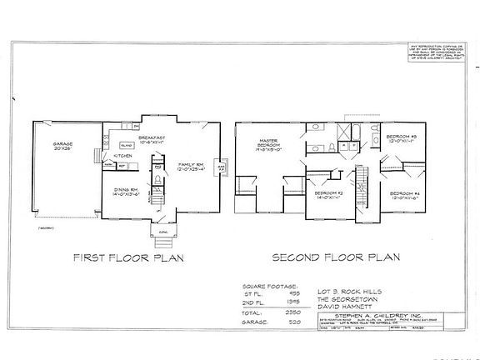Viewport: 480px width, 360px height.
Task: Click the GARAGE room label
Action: [x=63, y=145]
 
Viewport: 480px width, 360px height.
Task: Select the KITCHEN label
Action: [x=123, y=156]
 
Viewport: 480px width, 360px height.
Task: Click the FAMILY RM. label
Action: [x=192, y=167]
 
